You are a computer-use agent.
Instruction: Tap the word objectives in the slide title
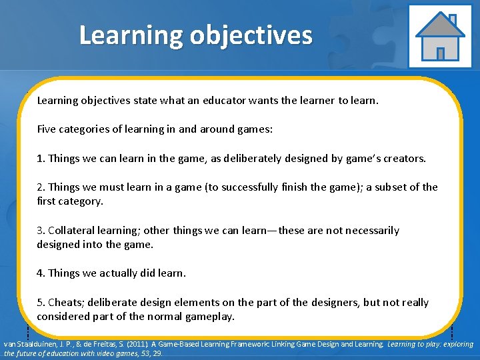[x=250, y=35]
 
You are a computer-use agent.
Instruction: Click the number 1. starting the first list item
[x=41, y=159]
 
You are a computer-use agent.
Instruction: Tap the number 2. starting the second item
[x=41, y=187]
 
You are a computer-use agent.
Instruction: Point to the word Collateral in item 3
[x=73, y=230]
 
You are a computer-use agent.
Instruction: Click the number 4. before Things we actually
[x=41, y=273]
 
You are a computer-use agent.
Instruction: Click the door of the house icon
[x=439, y=53]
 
